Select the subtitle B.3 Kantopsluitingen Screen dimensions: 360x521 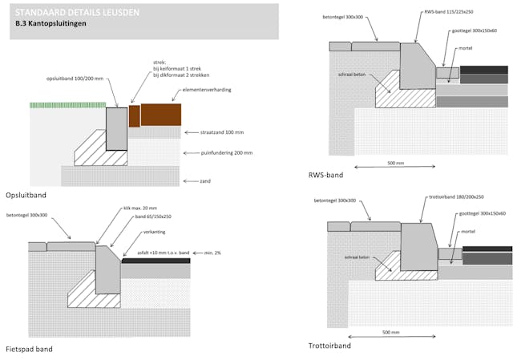point(51,25)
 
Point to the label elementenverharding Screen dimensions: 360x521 point(208,90)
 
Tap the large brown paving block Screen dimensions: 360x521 point(160,115)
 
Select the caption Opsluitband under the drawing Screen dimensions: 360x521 point(25,195)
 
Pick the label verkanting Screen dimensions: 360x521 point(155,233)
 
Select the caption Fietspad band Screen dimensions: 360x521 point(29,349)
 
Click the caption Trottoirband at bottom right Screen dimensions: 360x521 point(329,346)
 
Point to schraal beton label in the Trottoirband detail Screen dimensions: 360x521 point(357,257)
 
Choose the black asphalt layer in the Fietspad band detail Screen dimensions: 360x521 point(155,261)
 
